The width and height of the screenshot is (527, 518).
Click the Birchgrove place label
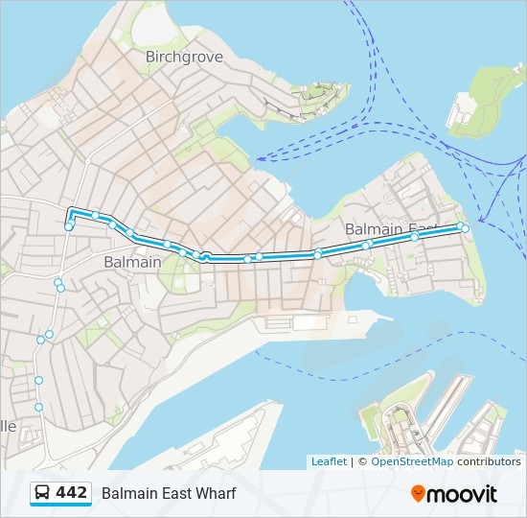[184, 57]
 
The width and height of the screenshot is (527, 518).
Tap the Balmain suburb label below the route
[132, 261]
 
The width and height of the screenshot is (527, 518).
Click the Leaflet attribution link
[329, 461]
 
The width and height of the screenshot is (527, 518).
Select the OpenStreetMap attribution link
[412, 461]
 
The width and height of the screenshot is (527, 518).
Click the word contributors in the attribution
[489, 461]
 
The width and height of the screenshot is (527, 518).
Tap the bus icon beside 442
[43, 493]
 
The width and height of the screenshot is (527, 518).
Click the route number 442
[72, 493]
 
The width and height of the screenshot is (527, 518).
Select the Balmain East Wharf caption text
[169, 493]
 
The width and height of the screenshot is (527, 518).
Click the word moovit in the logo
[464, 494]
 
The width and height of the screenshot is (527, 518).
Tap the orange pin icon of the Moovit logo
[419, 494]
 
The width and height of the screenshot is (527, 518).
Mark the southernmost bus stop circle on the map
[39, 407]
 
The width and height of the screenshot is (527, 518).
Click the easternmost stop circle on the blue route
[465, 228]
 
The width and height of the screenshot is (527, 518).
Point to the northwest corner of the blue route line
[70, 209]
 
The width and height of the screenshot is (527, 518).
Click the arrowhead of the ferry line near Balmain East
[480, 224]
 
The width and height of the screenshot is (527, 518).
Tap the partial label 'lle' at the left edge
[9, 425]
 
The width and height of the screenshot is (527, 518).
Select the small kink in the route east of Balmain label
[205, 256]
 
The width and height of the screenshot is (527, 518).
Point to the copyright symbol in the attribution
[362, 461]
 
